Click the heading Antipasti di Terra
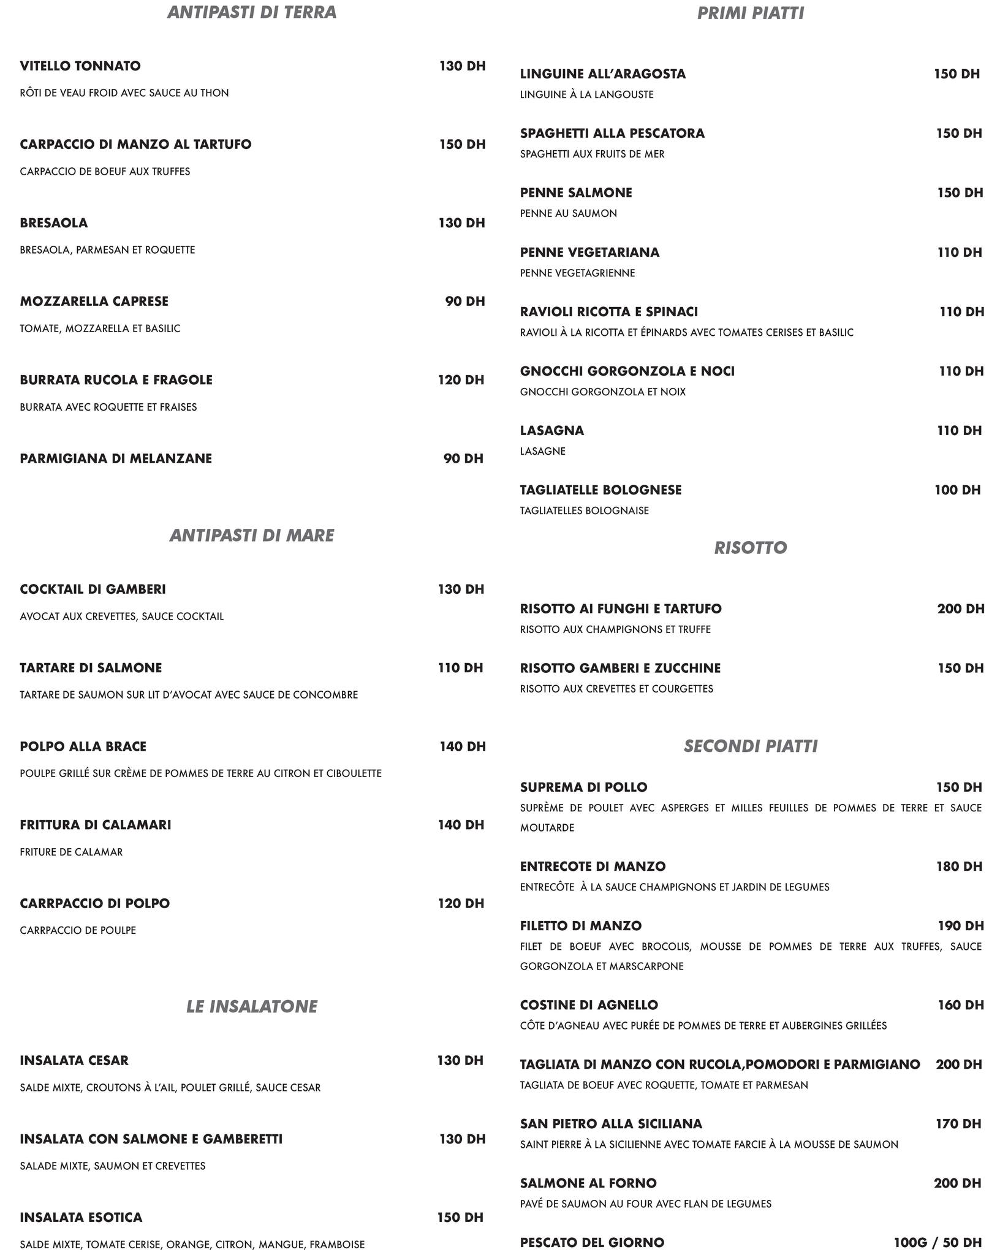click(252, 13)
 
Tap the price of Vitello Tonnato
click(462, 66)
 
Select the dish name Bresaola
click(54, 223)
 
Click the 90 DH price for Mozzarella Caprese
click(464, 301)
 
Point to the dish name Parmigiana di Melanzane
click(116, 458)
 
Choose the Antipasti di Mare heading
click(252, 536)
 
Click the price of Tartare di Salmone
click(460, 668)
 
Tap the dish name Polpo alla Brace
click(83, 746)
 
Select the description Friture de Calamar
click(71, 852)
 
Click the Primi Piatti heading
click(751, 13)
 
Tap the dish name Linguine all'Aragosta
click(603, 74)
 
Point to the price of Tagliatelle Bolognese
click(958, 490)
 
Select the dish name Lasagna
click(552, 430)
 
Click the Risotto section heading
click(751, 548)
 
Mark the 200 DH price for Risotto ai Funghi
click(961, 609)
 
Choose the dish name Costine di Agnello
click(589, 1005)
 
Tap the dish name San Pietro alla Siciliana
click(611, 1123)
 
